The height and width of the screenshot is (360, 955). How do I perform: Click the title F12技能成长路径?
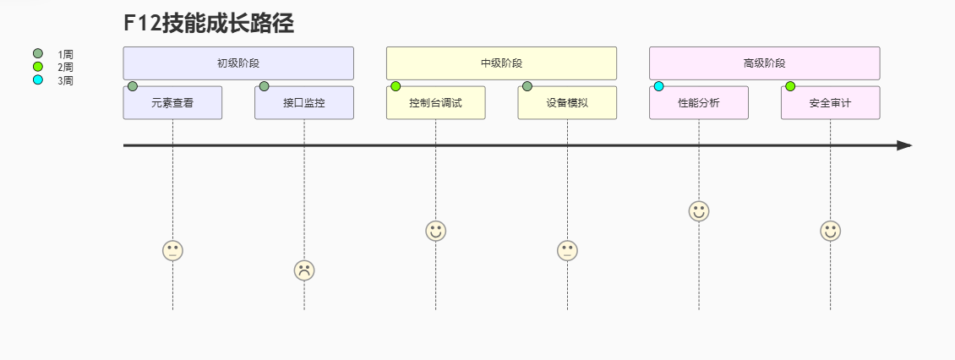(209, 23)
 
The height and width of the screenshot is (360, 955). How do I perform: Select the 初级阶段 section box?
(238, 63)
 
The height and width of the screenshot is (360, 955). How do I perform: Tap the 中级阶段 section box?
(501, 63)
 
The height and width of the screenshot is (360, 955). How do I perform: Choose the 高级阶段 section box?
(764, 63)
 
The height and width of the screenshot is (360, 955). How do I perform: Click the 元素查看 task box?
(172, 103)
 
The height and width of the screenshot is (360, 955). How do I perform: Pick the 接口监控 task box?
(304, 103)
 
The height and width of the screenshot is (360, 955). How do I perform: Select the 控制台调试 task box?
(435, 103)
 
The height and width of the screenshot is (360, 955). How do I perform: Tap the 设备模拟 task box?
(567, 103)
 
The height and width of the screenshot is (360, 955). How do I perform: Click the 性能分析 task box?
(699, 103)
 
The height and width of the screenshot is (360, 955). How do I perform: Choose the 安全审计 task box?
(830, 103)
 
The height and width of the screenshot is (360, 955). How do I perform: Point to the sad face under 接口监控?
(304, 270)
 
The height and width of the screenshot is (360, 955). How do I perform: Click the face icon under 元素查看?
(172, 250)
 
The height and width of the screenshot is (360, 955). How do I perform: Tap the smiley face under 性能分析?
(699, 211)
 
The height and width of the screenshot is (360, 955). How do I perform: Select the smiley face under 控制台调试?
(435, 231)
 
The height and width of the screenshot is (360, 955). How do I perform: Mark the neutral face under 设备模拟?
(567, 250)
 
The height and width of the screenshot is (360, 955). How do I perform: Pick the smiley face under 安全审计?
(830, 231)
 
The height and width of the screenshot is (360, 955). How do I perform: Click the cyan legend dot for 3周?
(37, 80)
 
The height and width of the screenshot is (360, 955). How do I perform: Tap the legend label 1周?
(65, 54)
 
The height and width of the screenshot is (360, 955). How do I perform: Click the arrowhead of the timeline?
(905, 145)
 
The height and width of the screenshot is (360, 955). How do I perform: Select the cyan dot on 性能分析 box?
(659, 86)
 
